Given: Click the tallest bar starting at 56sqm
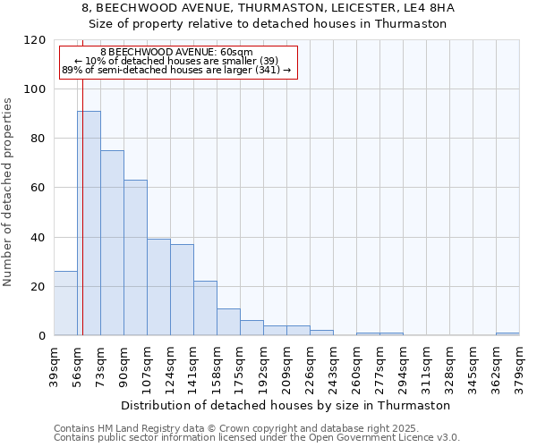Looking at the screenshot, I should [89, 223].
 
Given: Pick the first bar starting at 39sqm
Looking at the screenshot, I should [65, 303].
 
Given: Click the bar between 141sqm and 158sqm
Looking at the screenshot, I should [205, 308].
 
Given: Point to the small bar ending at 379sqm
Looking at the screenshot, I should [507, 334].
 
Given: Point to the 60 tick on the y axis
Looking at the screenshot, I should [39, 188].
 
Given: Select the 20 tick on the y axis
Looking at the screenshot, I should [39, 287].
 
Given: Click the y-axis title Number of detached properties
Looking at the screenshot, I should [8, 192].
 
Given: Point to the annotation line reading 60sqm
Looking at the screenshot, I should [176, 53].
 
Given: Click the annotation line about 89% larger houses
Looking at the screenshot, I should [176, 70].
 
